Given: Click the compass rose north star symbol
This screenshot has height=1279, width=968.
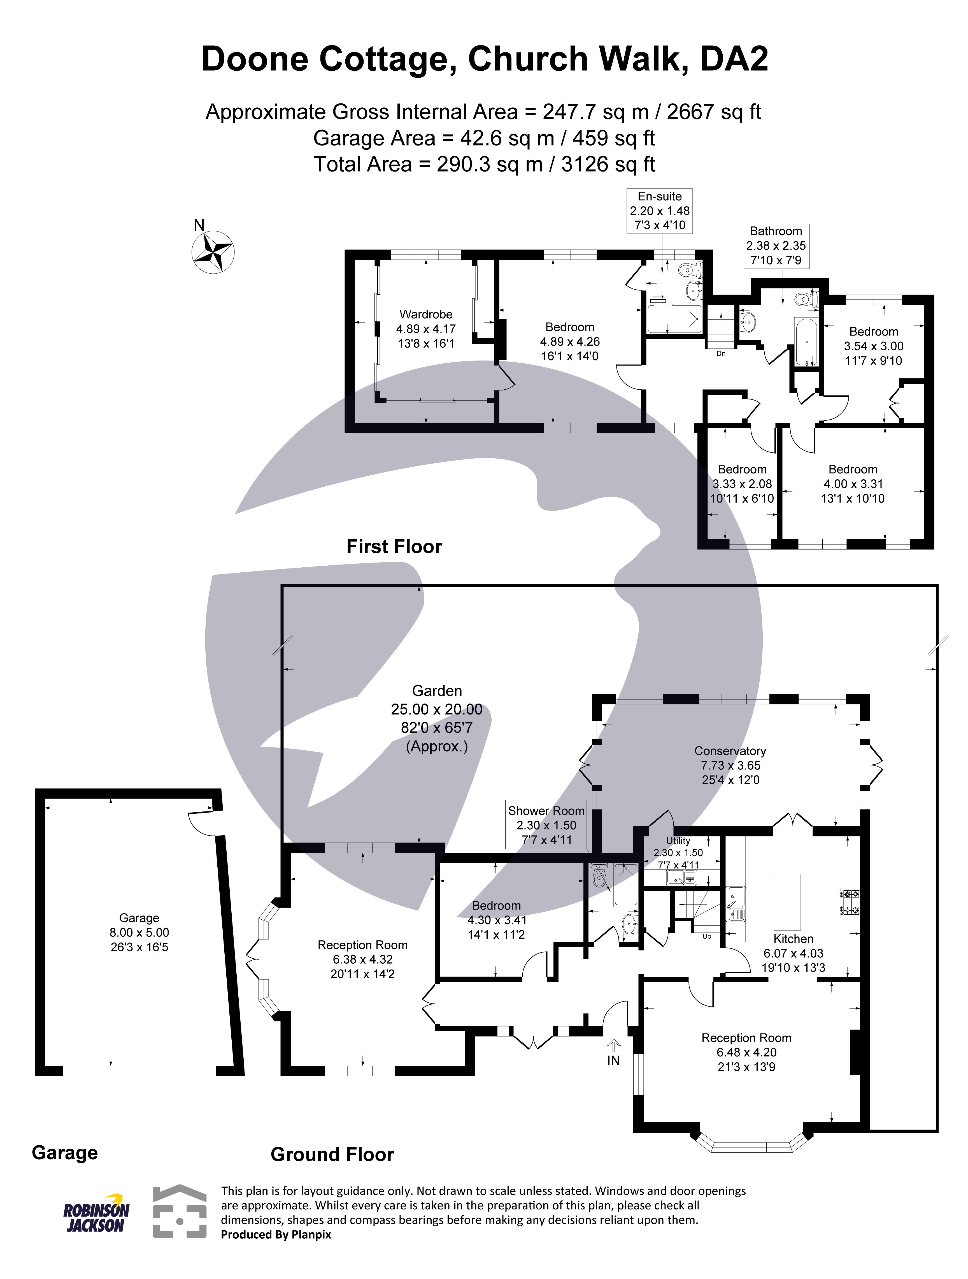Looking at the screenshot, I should point(213,252).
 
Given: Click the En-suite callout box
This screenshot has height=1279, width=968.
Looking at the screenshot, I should point(659,211).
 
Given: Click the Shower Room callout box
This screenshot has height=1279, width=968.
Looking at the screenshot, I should point(546,825).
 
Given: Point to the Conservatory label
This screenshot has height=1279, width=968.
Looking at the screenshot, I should point(730,765).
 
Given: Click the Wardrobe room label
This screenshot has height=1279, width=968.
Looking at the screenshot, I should point(426,329).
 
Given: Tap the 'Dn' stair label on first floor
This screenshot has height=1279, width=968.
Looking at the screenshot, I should point(721,353).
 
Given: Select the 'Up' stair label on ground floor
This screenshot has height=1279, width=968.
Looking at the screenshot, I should point(706,936).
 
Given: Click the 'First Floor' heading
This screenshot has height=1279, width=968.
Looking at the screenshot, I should point(394,546).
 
